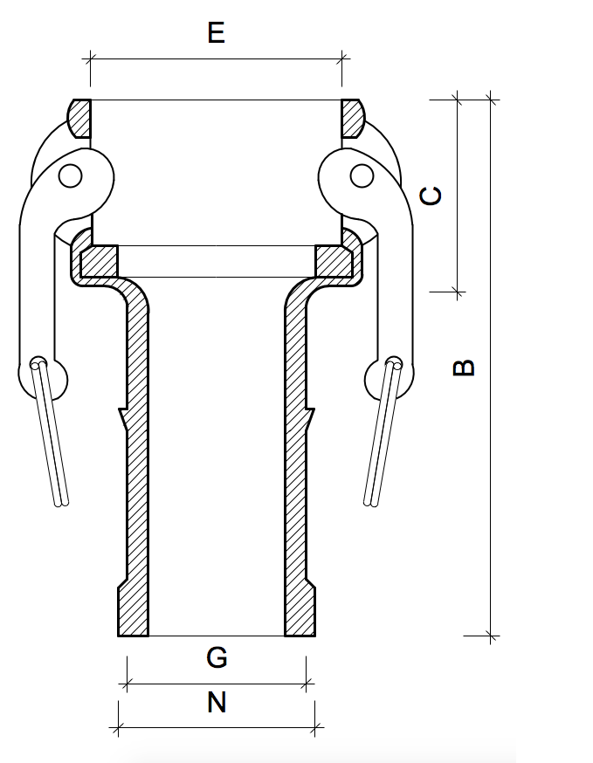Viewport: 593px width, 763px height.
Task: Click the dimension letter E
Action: pos(217,33)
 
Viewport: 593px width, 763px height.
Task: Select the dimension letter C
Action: pos(431,196)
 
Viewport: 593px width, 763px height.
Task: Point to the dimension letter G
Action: pos(217,657)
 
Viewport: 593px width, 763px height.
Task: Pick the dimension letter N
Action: pos(217,702)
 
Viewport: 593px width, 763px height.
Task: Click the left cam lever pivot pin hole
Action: pos(71,176)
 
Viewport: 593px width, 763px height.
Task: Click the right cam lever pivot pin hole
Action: pos(361,176)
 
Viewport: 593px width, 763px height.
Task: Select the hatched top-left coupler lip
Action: pos(79,118)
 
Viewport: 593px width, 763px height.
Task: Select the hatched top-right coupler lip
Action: pos(353,118)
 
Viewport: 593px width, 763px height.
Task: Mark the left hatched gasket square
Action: pos(98,261)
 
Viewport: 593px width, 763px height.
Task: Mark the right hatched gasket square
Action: pos(334,261)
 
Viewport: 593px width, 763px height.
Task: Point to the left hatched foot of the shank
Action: pos(134,611)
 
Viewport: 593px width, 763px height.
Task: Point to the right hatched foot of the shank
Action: pos(299,611)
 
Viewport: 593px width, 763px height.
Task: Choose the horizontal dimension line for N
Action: pos(217,726)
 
